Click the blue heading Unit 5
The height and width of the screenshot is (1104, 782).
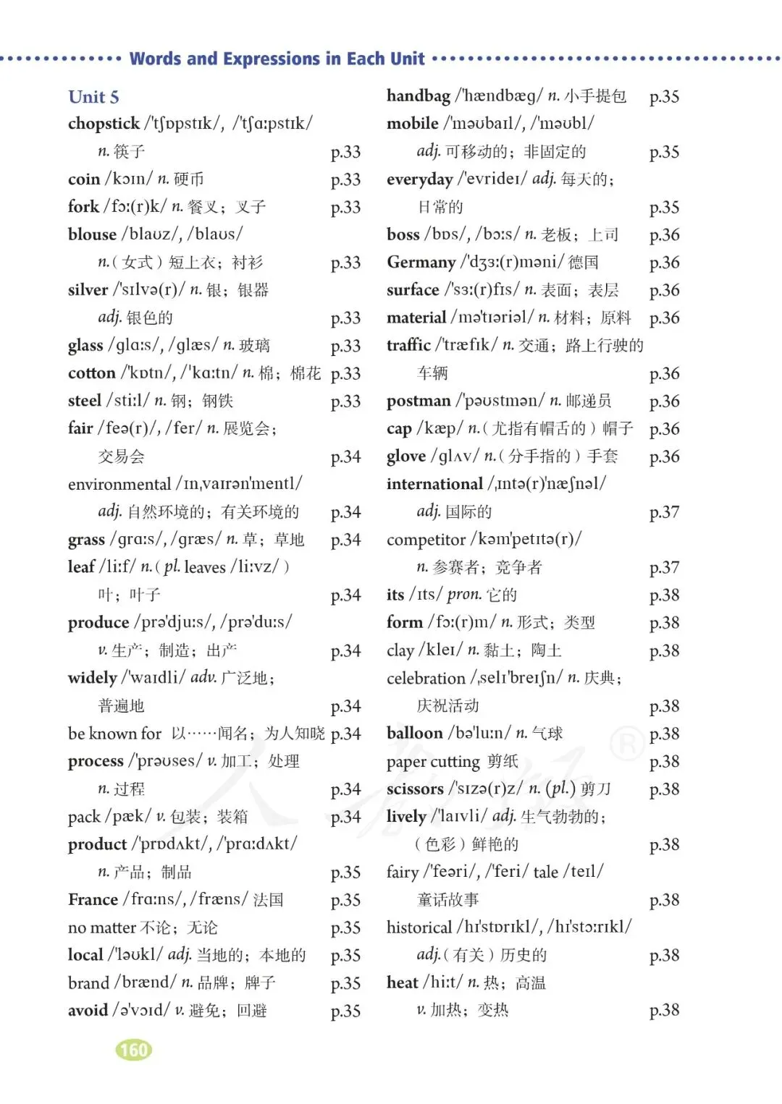point(93,97)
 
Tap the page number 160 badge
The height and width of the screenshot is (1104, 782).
point(134,1050)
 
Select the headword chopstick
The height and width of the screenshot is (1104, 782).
point(104,124)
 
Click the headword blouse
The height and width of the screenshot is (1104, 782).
point(92,234)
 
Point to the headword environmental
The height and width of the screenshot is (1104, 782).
point(119,484)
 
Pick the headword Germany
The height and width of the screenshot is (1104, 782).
point(421,262)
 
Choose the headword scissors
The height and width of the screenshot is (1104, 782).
point(415,789)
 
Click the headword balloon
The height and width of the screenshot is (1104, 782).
point(414,734)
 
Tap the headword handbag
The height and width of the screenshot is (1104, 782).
point(419,96)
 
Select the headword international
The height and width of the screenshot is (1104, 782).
point(434,484)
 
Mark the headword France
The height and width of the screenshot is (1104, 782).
point(93,899)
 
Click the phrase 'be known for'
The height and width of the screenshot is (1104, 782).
point(114,734)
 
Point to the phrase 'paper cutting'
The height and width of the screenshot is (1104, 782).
point(433,762)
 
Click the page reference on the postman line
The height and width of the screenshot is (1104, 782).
point(664,402)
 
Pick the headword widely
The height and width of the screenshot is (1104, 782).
point(92,678)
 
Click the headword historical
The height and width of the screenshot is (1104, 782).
point(419,927)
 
